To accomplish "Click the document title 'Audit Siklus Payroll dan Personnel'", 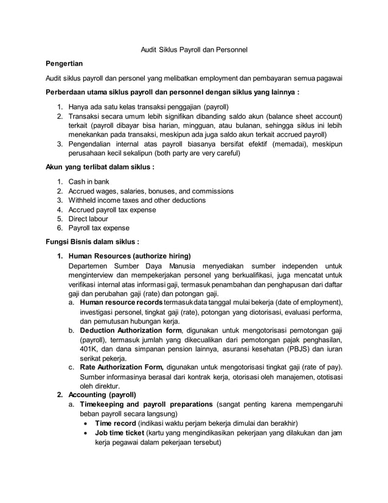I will (194, 48).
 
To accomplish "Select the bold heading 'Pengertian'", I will (64, 63).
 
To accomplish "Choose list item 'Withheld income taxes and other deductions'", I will (137, 200).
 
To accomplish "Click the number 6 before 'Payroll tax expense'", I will (59, 228).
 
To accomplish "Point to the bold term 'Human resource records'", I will (121, 303).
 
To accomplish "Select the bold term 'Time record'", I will (116, 423).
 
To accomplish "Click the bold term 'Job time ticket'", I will (120, 433).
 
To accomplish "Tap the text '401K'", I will (90, 349).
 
